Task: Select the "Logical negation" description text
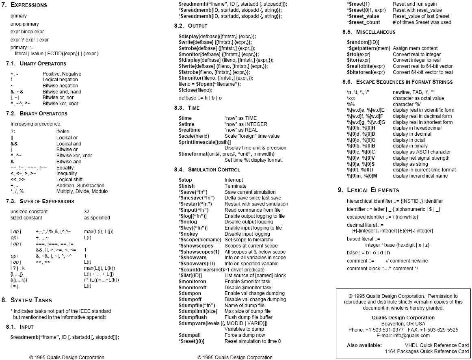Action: click(x=60, y=80)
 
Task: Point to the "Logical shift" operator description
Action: click(x=69, y=180)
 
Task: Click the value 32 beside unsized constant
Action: click(x=87, y=211)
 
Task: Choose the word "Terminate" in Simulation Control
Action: click(x=236, y=186)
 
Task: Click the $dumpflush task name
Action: click(x=193, y=317)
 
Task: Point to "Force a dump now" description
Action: click(x=245, y=335)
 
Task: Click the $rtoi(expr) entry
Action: click(x=358, y=54)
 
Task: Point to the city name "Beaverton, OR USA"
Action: click(x=403, y=324)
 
